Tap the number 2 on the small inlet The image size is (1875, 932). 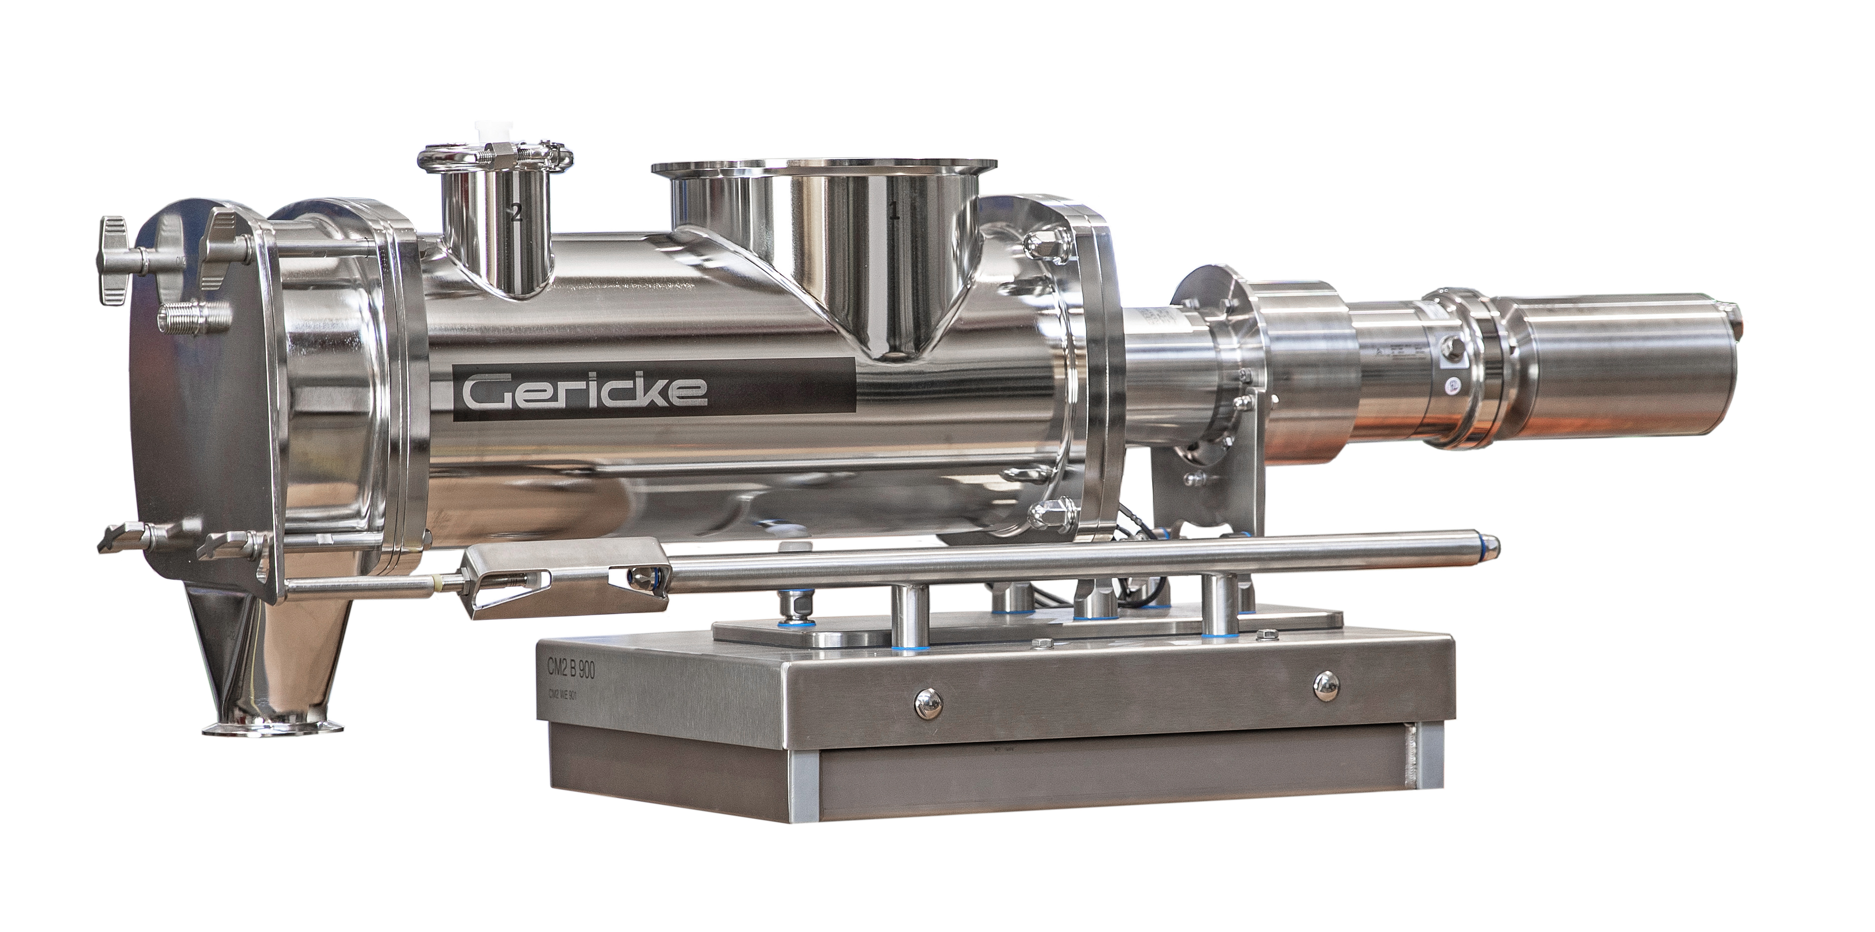[x=516, y=213]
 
